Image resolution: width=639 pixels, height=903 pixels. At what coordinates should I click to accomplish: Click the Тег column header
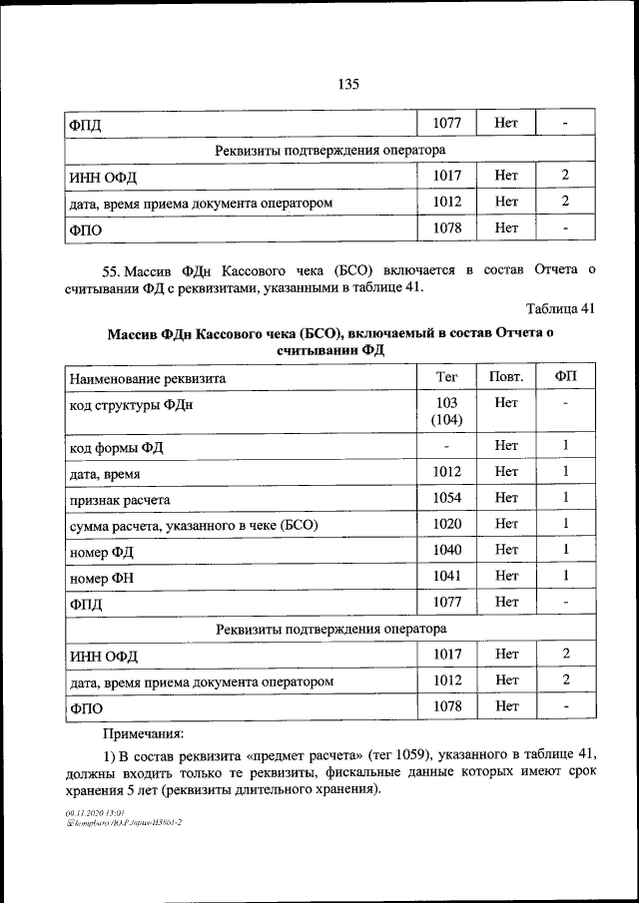point(446,376)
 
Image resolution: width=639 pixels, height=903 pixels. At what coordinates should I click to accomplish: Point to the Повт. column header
point(505,376)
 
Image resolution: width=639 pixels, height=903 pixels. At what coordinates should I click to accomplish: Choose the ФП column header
point(564,376)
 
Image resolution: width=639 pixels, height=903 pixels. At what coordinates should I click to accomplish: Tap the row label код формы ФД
point(116,447)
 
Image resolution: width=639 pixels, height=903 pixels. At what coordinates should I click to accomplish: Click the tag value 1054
point(446,497)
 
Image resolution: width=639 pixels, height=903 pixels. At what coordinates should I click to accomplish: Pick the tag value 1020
point(446,523)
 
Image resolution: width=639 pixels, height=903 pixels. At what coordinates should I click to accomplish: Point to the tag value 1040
point(446,549)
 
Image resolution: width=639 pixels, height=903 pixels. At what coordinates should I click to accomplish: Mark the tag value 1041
point(446,575)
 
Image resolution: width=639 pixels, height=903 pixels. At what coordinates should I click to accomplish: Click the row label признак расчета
point(120,499)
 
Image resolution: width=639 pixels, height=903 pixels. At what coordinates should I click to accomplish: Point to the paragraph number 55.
point(112,270)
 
